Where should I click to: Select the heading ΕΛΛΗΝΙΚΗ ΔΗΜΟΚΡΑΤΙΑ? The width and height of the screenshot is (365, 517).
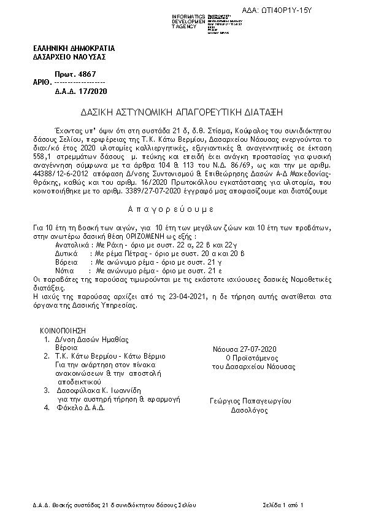click(x=74, y=48)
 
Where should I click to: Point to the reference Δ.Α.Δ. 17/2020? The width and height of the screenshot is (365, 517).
click(x=80, y=91)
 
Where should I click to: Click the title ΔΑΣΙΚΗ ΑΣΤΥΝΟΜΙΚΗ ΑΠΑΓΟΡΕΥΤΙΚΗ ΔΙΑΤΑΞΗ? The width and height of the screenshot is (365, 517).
click(x=182, y=113)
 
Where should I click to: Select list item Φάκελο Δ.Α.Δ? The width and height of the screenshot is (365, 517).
click(x=80, y=406)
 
